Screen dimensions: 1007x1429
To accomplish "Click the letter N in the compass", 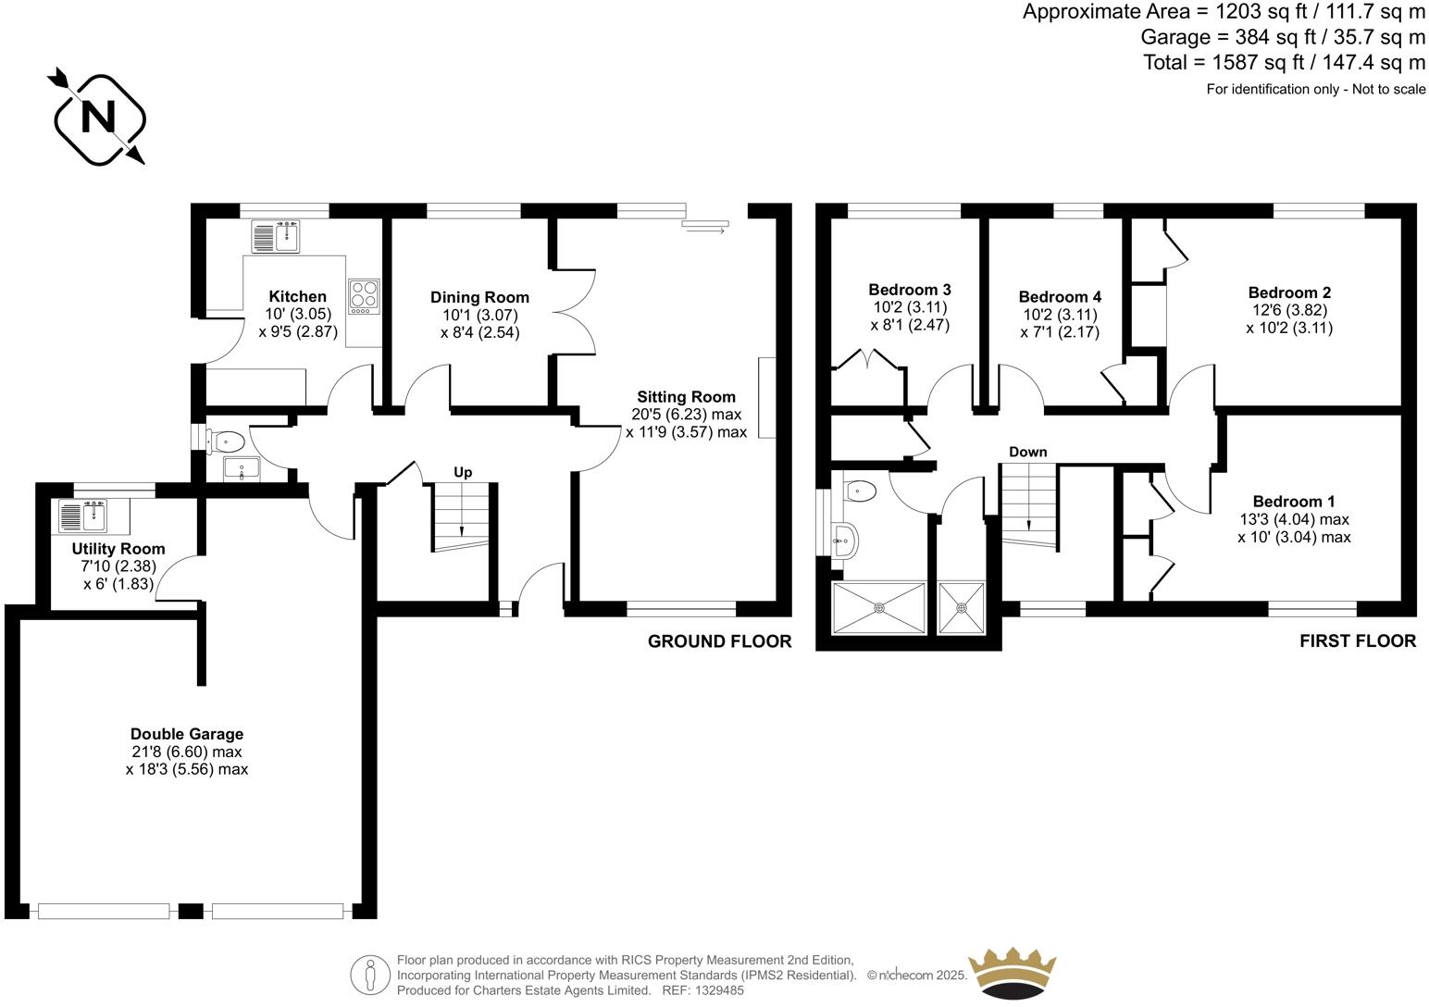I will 99,118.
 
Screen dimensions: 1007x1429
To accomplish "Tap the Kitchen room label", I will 297,296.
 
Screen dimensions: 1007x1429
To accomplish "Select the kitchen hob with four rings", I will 365,296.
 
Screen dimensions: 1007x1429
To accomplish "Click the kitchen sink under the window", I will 276,236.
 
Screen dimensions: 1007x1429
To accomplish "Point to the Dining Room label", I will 479,297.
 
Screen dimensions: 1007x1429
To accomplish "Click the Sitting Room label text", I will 685,397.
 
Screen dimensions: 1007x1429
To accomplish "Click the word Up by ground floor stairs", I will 463,472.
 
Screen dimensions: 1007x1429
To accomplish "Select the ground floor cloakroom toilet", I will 226,441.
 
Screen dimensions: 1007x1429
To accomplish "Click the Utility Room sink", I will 83,516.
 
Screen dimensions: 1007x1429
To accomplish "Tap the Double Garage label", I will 187,734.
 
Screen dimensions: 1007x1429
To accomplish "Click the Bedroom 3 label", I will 909,290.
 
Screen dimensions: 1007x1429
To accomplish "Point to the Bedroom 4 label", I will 1060,297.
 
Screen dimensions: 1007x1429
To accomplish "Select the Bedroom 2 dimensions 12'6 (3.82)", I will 1289,310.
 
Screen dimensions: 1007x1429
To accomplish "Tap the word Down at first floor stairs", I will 1027,452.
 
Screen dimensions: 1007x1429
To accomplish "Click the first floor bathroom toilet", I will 861,490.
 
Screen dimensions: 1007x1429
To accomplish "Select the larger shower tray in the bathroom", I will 879,608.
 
